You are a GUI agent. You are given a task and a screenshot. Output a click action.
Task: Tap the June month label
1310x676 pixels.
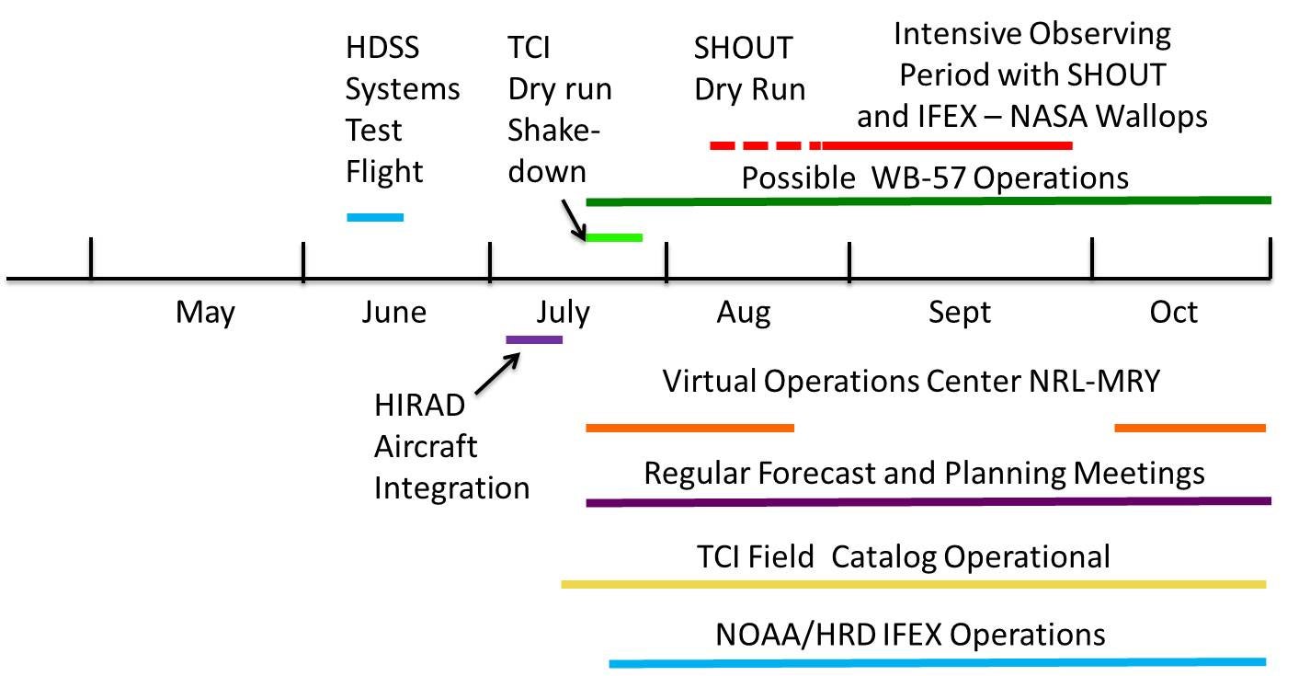(393, 312)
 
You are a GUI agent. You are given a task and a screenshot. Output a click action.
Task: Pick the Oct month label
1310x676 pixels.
(1173, 312)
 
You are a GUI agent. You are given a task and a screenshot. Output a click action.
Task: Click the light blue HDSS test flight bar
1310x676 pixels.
(375, 218)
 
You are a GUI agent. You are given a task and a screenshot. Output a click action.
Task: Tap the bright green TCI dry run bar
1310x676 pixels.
(614, 237)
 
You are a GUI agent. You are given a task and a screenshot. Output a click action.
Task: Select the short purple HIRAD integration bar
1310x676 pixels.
(534, 340)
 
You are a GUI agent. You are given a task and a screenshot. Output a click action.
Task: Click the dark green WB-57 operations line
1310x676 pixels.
(928, 201)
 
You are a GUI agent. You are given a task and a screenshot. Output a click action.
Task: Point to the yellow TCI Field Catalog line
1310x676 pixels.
(914, 584)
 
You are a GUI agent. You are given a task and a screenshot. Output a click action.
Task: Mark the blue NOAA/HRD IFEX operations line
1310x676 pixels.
(938, 663)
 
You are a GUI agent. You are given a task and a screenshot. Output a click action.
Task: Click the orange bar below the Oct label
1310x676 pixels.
(1190, 429)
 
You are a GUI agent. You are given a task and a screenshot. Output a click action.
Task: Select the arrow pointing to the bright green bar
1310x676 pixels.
(574, 220)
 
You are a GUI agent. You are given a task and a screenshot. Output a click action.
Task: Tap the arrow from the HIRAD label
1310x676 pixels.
(497, 373)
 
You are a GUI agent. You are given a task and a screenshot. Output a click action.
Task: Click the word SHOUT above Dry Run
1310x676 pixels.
(744, 48)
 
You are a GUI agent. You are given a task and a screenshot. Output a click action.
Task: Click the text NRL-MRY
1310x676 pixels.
(1094, 381)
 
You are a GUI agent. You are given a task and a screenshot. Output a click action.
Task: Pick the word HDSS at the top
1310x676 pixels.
(382, 48)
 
